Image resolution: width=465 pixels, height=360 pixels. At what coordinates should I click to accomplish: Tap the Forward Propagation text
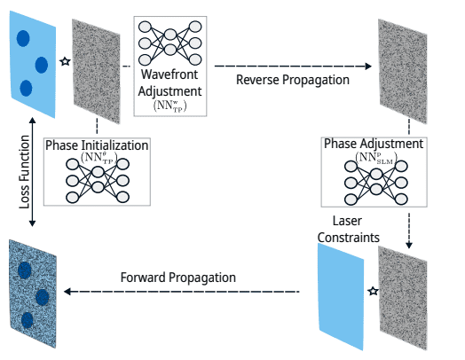[x=178, y=278]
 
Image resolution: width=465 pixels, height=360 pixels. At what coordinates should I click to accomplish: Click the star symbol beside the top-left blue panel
[x=63, y=61]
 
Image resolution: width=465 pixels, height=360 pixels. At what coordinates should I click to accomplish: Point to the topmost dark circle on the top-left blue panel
[x=21, y=37]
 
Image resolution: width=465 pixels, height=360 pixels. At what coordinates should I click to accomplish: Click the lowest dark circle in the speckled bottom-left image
[x=28, y=319]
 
